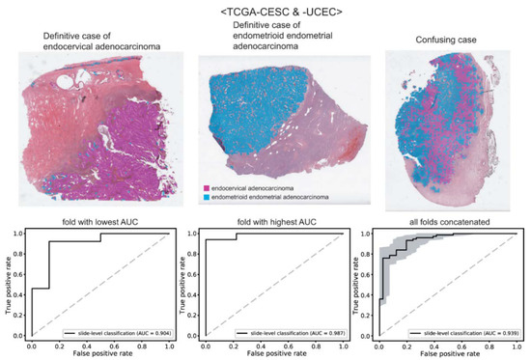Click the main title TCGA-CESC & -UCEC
click(266, 11)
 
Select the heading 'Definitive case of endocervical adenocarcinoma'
click(88, 42)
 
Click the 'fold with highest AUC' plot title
click(267, 224)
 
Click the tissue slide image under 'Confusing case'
click(439, 130)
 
